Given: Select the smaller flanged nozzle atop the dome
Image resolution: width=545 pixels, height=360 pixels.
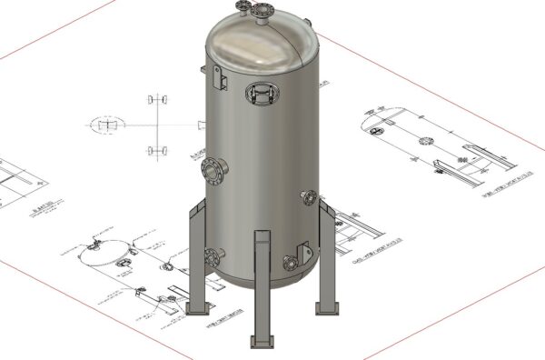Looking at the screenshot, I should (x=243, y=8).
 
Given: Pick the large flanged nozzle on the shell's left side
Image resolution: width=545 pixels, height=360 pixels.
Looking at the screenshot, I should (x=213, y=169).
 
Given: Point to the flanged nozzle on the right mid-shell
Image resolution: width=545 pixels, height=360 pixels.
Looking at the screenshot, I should (x=309, y=197).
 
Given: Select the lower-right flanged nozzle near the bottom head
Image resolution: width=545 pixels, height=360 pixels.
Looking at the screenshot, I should (x=291, y=264).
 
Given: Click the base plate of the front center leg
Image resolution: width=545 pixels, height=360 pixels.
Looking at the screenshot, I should (x=263, y=342).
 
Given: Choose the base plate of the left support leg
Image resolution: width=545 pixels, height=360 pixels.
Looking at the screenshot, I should (x=197, y=308).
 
